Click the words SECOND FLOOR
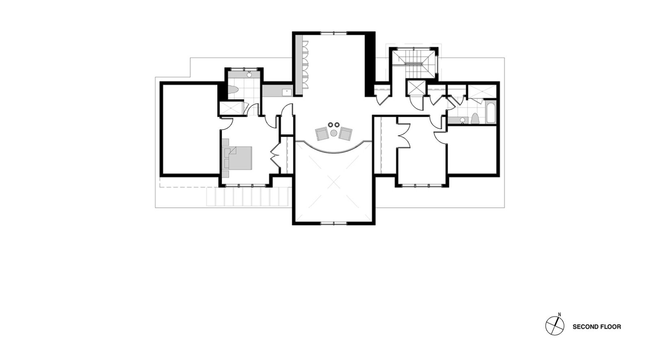(597, 327)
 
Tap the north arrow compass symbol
(555, 326)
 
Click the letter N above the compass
(560, 314)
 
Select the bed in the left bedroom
(237, 158)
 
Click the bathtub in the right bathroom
(490, 112)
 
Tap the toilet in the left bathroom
(233, 89)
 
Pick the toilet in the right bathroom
(475, 119)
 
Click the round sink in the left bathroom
(249, 75)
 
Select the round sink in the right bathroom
(462, 120)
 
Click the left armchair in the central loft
(322, 134)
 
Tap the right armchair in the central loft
(345, 134)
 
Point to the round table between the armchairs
(334, 133)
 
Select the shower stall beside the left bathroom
(231, 108)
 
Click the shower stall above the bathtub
(481, 91)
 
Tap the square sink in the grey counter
(287, 92)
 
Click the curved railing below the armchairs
(334, 148)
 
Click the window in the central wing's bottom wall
(334, 223)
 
